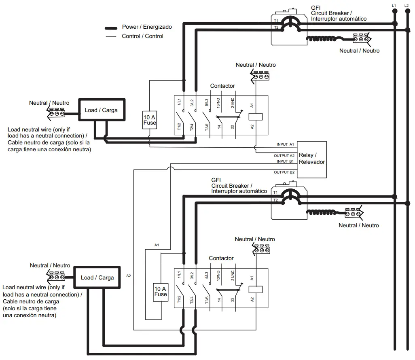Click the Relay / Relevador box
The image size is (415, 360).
(312, 159)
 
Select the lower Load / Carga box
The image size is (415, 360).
(97, 277)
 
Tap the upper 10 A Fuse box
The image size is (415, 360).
(150, 120)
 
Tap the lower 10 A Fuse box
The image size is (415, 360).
(161, 292)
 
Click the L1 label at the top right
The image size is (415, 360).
(394, 5)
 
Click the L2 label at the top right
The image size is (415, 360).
(406, 5)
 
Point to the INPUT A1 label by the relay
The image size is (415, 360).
(285, 144)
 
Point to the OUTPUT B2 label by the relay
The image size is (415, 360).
(284, 172)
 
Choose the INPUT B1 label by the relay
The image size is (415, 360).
(285, 161)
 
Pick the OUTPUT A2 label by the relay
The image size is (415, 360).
(284, 156)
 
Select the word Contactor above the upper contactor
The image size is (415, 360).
(222, 86)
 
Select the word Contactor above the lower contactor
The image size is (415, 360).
(221, 258)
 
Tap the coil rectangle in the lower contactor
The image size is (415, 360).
(256, 289)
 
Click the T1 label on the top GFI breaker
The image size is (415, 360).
(276, 20)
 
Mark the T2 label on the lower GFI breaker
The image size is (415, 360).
(275, 200)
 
